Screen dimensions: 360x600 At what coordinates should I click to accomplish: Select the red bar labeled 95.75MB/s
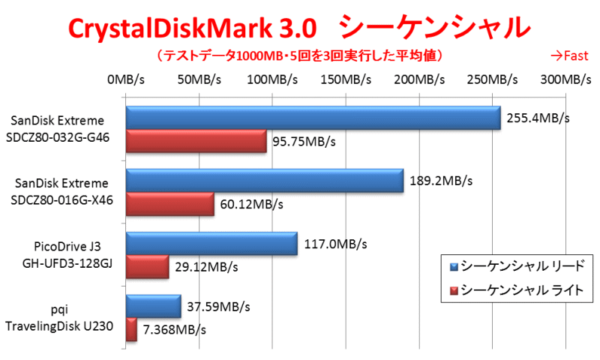click(x=196, y=142)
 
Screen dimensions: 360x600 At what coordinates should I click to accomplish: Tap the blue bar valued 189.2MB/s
click(x=264, y=181)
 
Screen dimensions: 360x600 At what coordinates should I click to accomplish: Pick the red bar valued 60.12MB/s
click(x=169, y=205)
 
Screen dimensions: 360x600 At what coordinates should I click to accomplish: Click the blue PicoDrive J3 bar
click(x=211, y=244)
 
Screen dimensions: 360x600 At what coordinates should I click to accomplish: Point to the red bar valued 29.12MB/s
click(x=147, y=268)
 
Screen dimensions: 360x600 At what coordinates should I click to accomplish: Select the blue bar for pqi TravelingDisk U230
click(x=153, y=307)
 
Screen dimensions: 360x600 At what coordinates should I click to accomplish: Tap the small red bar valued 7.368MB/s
click(x=131, y=330)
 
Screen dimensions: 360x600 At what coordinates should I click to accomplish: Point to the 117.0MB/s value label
click(x=336, y=244)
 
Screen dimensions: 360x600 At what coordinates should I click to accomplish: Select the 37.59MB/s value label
click(x=218, y=307)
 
